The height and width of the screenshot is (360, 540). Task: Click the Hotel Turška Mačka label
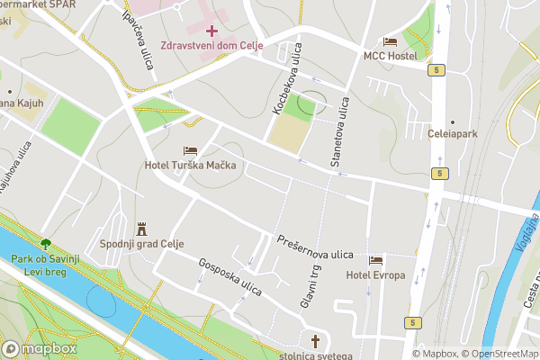click(190, 166)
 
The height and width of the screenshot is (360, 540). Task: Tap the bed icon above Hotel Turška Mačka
click(190, 151)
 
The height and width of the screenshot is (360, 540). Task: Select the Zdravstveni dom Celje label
click(211, 46)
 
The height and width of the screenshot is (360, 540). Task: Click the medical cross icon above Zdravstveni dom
click(211, 31)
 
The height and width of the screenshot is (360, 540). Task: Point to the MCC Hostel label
click(390, 56)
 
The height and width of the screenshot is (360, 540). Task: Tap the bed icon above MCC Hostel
click(390, 41)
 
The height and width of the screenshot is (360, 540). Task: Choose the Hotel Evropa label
click(375, 274)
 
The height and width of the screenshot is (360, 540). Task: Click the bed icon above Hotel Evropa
click(375, 260)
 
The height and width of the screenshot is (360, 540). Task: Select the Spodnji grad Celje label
click(140, 244)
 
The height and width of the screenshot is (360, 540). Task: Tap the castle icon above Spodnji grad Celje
click(140, 229)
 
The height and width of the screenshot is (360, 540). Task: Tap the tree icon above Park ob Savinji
click(45, 243)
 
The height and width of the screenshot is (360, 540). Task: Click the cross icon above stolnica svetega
click(315, 341)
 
